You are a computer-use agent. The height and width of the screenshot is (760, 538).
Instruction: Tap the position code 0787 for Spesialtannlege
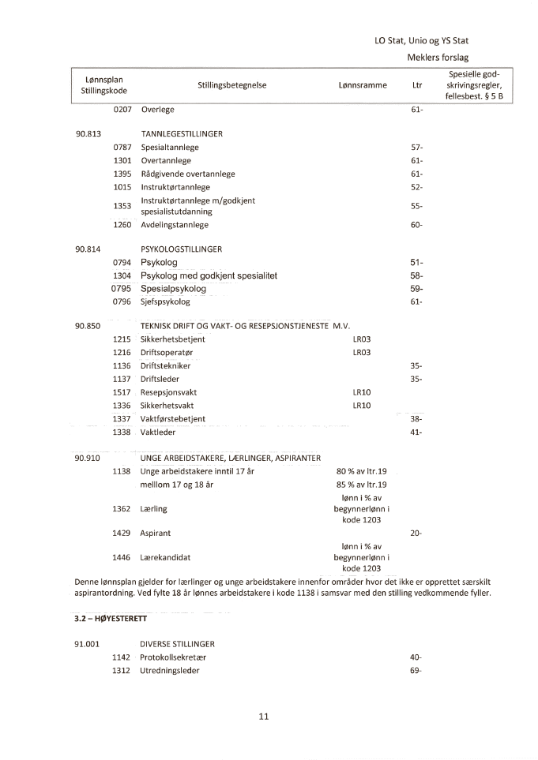122,148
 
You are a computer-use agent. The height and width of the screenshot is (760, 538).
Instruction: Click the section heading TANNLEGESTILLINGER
182,134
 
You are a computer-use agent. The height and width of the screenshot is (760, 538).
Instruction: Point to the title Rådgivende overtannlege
188,174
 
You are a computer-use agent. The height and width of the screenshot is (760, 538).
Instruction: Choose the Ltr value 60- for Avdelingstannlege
417,225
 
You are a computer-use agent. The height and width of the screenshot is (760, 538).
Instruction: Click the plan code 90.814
88,249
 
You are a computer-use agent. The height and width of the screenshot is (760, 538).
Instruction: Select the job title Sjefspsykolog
165,301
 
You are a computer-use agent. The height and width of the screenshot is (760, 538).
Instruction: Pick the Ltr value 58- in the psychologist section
417,275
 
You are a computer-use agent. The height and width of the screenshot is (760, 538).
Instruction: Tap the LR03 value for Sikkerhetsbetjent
362,339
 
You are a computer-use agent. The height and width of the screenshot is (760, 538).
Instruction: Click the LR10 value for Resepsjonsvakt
362,392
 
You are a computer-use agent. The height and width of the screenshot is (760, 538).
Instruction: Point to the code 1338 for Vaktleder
122,432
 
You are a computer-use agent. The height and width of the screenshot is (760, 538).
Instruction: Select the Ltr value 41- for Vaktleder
417,432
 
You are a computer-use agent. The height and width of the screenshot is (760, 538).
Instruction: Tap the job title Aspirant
156,533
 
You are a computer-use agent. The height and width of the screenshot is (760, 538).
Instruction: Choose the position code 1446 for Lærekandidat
122,557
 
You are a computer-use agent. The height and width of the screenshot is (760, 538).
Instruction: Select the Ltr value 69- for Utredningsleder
416,671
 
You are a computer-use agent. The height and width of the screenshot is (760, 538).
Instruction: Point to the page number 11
264,717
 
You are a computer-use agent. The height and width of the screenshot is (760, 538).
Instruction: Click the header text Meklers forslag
438,58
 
